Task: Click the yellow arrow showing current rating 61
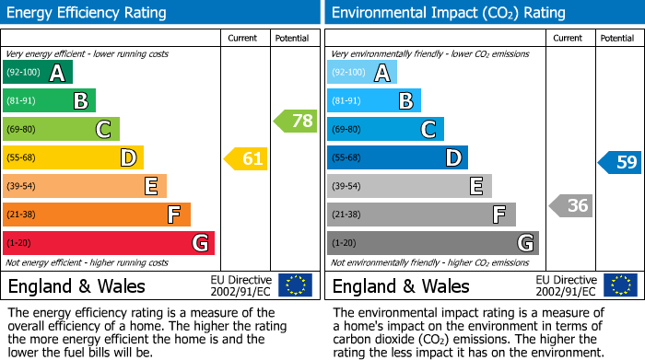246,159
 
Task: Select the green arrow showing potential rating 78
295,121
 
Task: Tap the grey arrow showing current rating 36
570,205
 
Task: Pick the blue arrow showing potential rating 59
620,163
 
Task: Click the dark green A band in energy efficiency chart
38,73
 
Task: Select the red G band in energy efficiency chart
109,243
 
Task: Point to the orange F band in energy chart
97,215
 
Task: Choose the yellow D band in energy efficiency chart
73,158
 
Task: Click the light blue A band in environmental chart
362,73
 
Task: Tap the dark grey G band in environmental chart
433,243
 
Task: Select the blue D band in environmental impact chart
397,158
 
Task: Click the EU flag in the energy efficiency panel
295,285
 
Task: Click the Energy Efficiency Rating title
88,13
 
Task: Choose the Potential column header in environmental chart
617,38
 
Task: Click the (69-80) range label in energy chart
21,130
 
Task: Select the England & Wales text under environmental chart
401,286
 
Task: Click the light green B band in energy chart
49,101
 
